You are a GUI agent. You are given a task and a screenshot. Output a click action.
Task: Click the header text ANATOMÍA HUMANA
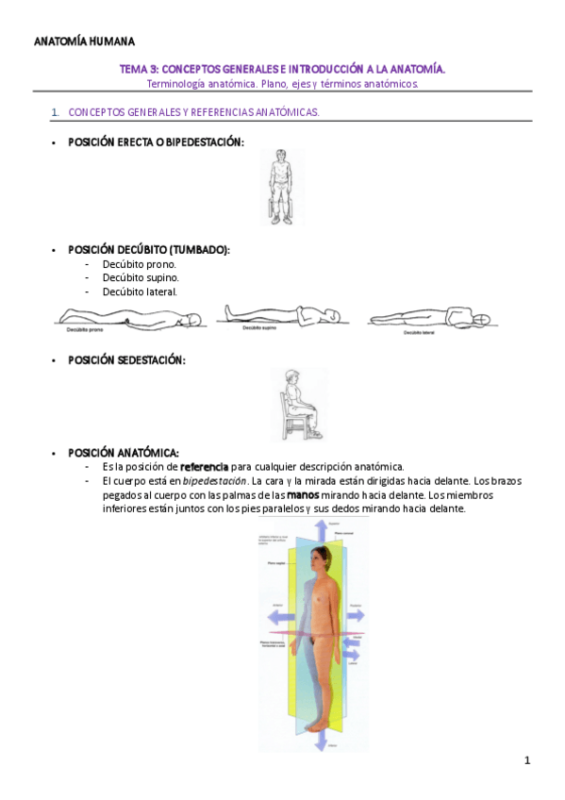pos(84,42)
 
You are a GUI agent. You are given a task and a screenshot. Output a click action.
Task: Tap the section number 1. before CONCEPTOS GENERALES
pos(56,112)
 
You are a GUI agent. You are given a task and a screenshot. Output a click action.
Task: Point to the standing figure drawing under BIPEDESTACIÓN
pos(281,187)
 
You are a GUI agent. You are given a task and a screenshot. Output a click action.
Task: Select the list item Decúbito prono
pos(140,264)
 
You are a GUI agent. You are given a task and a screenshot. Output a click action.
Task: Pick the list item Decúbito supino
pos(141,277)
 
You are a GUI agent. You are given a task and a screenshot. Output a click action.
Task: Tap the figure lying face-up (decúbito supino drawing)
pos(274,315)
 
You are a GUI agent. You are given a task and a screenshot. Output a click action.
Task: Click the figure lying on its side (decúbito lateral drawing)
pos(430,319)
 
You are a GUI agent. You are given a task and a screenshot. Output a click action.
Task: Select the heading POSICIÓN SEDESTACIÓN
pos(127,360)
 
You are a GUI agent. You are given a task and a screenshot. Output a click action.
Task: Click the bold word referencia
pos(211,467)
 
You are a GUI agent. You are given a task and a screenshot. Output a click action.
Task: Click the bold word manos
pos(303,495)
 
